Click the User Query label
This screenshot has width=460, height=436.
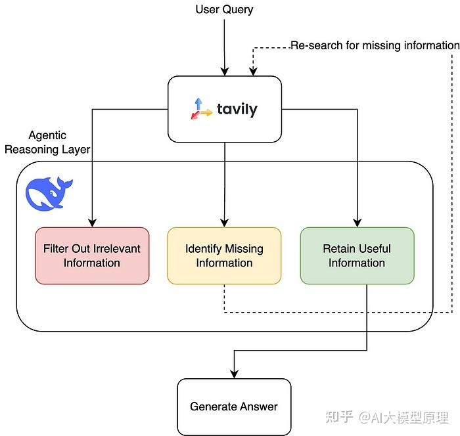click(x=224, y=10)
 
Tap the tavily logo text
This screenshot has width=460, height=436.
click(x=237, y=109)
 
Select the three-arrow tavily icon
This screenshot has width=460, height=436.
click(x=201, y=108)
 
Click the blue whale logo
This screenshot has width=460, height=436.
click(x=49, y=194)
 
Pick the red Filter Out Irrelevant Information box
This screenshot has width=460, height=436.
click(x=92, y=255)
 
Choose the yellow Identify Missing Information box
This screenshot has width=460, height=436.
click(x=224, y=255)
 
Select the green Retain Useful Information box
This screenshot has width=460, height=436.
click(x=357, y=255)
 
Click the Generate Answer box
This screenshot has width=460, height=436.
click(x=234, y=406)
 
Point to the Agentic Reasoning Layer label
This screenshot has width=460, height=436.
click(x=47, y=142)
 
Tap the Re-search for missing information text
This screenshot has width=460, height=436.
click(x=375, y=45)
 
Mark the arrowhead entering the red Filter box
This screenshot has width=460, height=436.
click(x=93, y=223)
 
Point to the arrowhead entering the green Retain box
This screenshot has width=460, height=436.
click(x=357, y=223)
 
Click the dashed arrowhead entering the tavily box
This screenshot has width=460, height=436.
click(x=253, y=72)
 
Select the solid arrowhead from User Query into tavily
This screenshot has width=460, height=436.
click(x=225, y=72)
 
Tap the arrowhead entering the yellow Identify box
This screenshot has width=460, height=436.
click(x=225, y=223)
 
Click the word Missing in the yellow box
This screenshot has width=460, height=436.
click(x=244, y=250)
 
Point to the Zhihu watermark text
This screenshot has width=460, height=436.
click(x=387, y=417)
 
